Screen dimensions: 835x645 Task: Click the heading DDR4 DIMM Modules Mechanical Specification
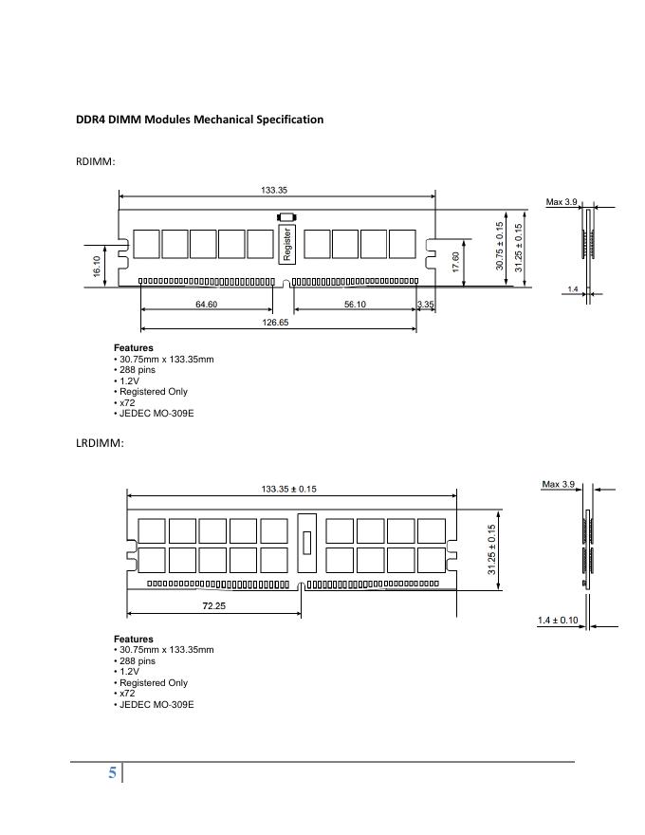(199, 120)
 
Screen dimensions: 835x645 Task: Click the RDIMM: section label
(95, 161)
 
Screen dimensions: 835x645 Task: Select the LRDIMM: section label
(100, 443)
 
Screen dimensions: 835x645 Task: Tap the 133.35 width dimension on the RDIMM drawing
(274, 191)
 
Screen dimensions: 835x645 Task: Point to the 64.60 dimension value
(206, 305)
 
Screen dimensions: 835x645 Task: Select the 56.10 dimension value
(355, 305)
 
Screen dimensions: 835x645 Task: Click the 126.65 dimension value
(275, 323)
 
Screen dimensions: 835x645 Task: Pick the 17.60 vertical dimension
(456, 262)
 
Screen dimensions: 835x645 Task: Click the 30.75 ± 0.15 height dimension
(500, 247)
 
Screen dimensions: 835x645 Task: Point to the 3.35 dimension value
(425, 305)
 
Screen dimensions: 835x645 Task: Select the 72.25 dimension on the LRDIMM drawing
(213, 605)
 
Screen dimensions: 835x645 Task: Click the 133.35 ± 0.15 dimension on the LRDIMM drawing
(288, 490)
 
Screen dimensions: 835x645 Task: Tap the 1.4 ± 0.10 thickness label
(558, 620)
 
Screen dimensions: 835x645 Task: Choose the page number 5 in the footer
(112, 773)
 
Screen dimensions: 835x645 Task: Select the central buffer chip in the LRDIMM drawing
(305, 544)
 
